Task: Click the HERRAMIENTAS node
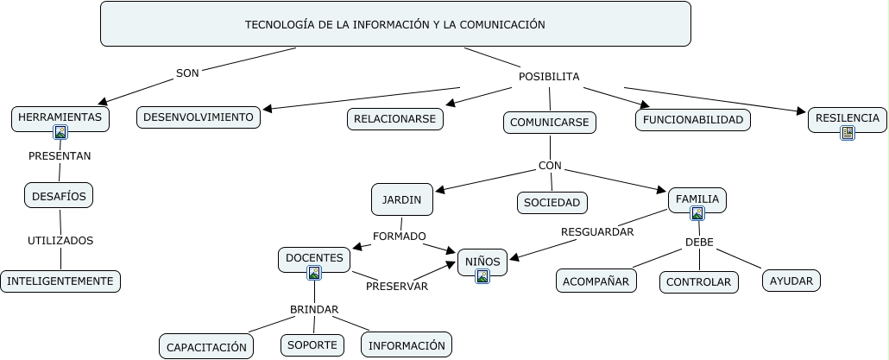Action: pos(60,117)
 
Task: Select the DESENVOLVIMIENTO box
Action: pos(199,117)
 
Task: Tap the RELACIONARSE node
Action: pos(395,119)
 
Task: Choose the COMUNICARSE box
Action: pos(549,123)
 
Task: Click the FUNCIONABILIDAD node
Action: pos(693,120)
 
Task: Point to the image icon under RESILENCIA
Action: pos(848,133)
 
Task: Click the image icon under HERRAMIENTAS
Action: pos(60,132)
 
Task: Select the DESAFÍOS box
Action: pos(59,196)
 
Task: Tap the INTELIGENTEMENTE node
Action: pos(60,281)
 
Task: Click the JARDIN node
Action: pos(401,199)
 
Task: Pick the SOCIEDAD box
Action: pos(552,203)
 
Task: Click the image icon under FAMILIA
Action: pos(697,213)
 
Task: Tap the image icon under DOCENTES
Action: pos(314,273)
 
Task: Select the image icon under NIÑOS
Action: pos(482,276)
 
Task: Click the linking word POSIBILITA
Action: pos(549,77)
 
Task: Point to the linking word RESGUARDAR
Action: pos(597,231)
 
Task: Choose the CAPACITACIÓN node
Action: pos(206,347)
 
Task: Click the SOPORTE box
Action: pos(312,344)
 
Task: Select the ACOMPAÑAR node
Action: pos(596,281)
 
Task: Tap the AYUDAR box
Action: pos(791,281)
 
